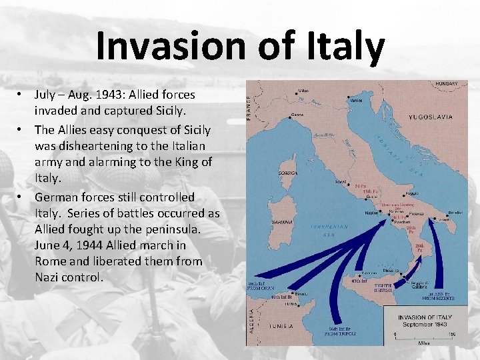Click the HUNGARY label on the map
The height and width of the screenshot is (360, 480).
pyautogui.click(x=446, y=84)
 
